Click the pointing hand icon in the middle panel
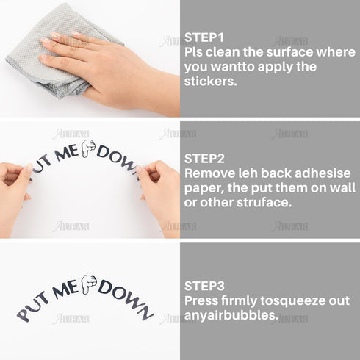click(88, 149)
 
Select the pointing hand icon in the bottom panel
click(88, 284)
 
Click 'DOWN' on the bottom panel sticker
click(126, 298)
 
